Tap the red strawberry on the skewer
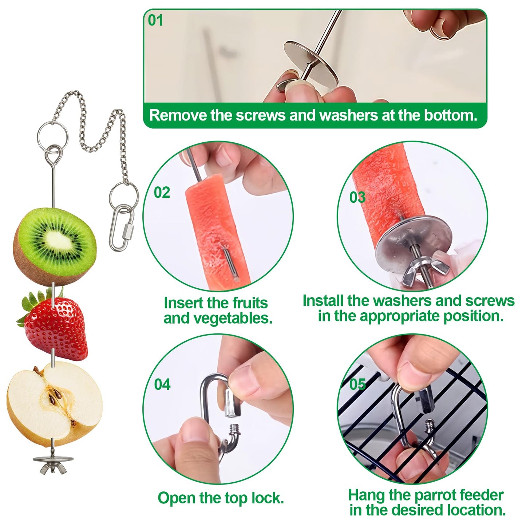(x=58, y=326)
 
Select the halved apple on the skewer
(x=55, y=404)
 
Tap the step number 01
(x=155, y=20)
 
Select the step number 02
(x=162, y=192)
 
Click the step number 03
(x=357, y=197)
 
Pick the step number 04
(x=162, y=384)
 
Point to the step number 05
(x=357, y=384)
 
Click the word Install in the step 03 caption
(x=323, y=301)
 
